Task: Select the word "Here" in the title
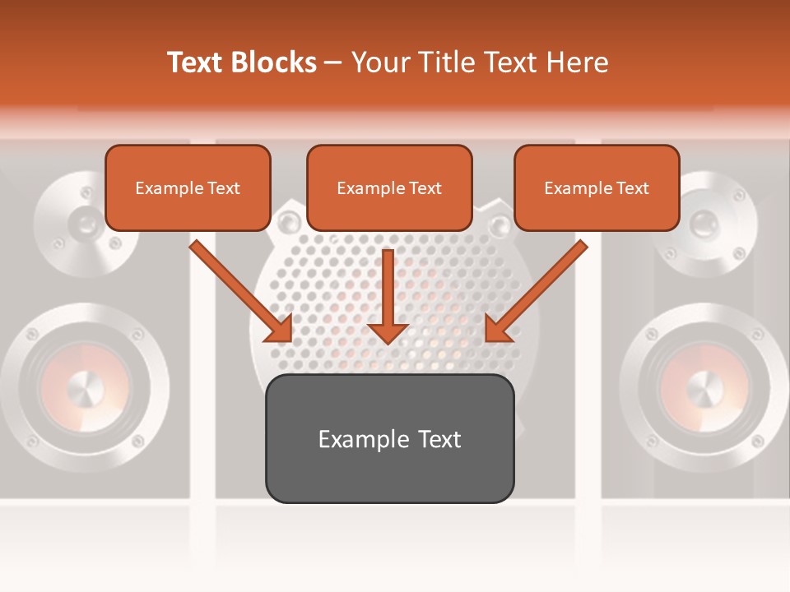coord(579,62)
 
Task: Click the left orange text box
coord(188,187)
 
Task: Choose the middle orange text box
coord(389,187)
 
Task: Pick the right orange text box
coord(597,187)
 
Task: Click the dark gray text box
coord(389,438)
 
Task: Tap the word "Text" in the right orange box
coord(632,188)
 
